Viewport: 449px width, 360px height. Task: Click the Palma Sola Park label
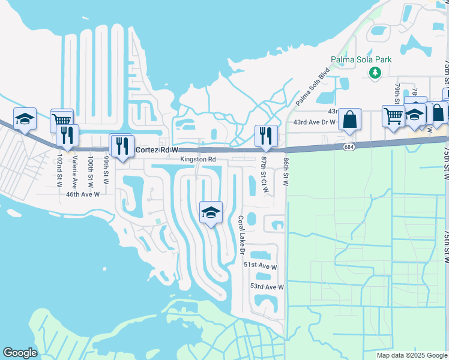pos(361,59)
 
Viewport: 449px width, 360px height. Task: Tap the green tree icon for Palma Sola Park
pos(375,73)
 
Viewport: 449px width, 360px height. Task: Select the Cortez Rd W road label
pos(157,149)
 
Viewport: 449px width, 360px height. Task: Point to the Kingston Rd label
pos(198,160)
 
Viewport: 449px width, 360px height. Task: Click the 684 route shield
pos(349,146)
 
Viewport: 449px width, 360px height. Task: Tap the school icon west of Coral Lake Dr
pos(211,212)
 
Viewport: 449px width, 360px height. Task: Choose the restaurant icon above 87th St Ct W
pos(266,136)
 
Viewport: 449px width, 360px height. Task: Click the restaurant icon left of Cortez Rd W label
pos(122,145)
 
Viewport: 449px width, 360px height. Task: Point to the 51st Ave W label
pos(261,265)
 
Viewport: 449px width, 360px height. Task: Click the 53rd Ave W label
pos(267,287)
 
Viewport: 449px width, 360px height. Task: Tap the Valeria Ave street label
pos(75,170)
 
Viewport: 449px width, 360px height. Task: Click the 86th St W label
pos(286,170)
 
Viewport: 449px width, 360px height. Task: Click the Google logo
pos(20,353)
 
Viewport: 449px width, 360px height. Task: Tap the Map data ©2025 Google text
pos(412,355)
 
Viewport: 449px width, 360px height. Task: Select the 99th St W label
pos(106,170)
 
